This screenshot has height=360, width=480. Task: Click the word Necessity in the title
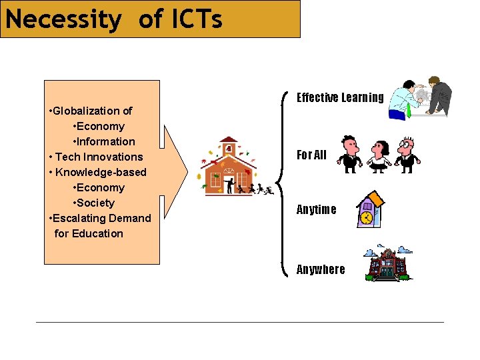coord(63,19)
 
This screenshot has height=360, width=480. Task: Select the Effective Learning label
coord(340,98)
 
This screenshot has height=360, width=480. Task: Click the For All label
coord(311,155)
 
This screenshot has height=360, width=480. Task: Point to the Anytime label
coord(316,209)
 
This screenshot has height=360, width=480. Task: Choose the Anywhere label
coord(321,269)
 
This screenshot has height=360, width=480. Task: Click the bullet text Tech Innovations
coord(99,157)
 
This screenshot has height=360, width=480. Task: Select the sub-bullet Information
coord(105,141)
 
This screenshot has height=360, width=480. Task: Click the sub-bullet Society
coord(95,203)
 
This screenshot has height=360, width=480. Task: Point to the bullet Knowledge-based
coord(101,172)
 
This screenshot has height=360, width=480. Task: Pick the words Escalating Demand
coord(102,218)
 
